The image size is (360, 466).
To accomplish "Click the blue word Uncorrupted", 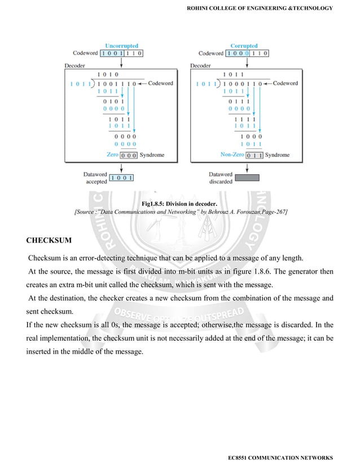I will [x=121, y=46].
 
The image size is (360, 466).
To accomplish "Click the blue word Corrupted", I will [x=244, y=46].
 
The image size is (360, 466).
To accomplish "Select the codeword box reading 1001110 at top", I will [x=121, y=54].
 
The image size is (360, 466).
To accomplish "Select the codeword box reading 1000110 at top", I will [x=247, y=54].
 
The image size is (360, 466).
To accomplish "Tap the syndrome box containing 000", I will [x=129, y=155].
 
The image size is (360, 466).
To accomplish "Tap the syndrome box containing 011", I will [x=254, y=155].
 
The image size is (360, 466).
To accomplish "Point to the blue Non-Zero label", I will [x=232, y=155].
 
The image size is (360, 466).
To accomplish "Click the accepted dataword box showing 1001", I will [x=121, y=178].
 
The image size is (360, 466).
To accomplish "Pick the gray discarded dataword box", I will [x=246, y=178].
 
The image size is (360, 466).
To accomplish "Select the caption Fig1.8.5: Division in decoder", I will [x=179, y=203].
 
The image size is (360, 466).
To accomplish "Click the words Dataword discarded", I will [x=220, y=178].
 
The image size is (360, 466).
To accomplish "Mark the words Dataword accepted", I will [x=95, y=178].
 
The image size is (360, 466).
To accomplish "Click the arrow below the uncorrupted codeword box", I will [x=121, y=62].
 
